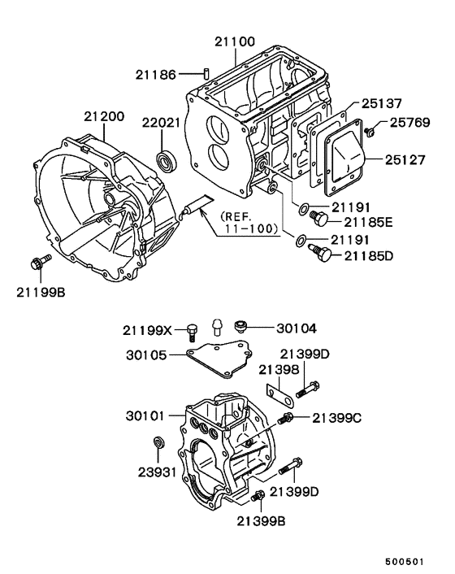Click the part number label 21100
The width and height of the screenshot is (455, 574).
pos(235,40)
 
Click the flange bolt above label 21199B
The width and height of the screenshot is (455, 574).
pos(37,263)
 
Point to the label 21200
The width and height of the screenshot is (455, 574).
pos(104,117)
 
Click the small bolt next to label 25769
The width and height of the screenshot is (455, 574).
pos(369,131)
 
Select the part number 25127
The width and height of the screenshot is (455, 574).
pos(406,160)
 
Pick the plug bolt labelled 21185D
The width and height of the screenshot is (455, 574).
pos(321,256)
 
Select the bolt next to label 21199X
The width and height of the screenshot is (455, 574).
pos(191,330)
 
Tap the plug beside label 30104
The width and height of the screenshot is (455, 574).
pos(240,327)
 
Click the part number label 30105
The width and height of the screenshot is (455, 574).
pos(146,355)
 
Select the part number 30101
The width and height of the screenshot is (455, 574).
pos(146,415)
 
